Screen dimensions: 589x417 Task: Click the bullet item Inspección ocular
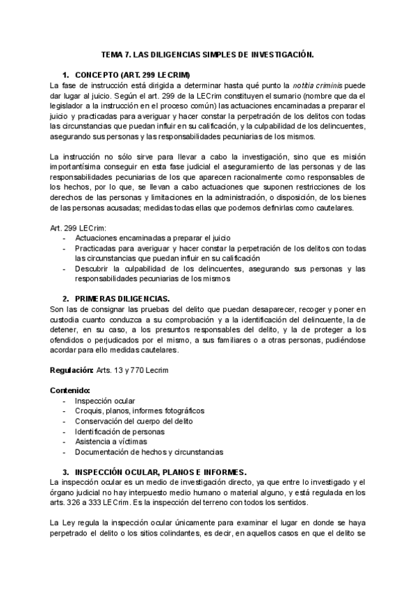click(x=105, y=401)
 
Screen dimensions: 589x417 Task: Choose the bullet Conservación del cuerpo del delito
click(x=134, y=421)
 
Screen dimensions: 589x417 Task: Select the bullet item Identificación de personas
click(x=120, y=431)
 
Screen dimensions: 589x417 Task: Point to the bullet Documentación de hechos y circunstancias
click(x=149, y=451)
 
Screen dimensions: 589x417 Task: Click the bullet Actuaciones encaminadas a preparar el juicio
click(x=144, y=238)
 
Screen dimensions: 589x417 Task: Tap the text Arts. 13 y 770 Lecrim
click(x=132, y=370)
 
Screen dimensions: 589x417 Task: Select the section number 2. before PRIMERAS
click(x=66, y=298)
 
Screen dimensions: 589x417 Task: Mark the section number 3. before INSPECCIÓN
click(x=66, y=470)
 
